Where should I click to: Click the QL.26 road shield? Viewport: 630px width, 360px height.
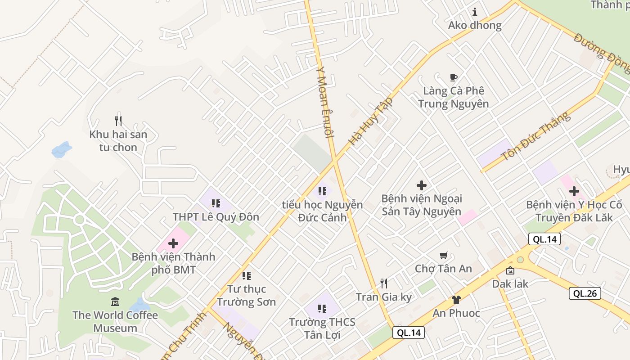point(585,293)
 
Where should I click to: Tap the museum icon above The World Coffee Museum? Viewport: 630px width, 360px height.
point(115,301)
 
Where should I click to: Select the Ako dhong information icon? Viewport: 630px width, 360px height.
point(474,12)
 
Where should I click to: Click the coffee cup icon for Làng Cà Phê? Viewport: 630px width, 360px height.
point(453,77)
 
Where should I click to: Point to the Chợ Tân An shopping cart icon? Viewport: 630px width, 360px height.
point(443,256)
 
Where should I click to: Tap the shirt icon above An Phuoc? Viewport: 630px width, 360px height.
point(456,300)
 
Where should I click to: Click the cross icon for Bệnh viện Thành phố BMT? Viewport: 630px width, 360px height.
point(173,244)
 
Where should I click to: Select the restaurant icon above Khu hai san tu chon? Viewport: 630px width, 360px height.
point(118,121)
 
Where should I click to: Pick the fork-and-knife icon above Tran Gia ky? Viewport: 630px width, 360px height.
point(384,283)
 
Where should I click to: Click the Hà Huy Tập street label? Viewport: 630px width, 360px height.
point(370,121)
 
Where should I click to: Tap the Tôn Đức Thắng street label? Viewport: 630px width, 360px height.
point(535,137)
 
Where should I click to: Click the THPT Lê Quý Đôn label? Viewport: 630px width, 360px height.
point(216,217)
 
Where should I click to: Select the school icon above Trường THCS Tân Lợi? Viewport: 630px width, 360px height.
point(322,309)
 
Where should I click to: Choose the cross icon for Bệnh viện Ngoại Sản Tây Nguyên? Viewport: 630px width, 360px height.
point(422,185)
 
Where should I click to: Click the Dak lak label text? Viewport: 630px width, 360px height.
point(510,284)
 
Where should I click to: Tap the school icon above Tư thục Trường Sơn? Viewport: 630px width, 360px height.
point(246,275)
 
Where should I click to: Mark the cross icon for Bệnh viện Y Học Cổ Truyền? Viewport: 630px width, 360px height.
point(574,191)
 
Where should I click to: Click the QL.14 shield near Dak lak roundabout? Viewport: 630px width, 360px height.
point(544,239)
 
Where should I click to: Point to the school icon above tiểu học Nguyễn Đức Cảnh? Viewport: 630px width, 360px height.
point(322,191)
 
